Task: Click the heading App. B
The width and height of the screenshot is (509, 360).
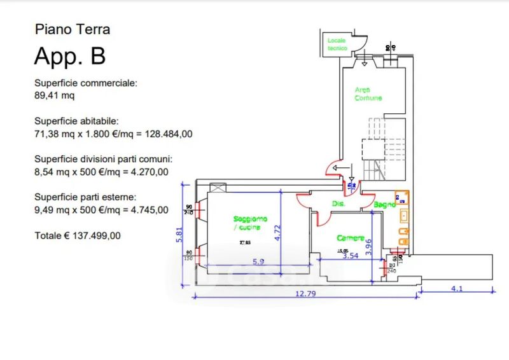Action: [x=69, y=56]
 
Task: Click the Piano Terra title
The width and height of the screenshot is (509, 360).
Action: [x=72, y=29]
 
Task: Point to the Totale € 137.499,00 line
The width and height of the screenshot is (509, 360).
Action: [x=77, y=235]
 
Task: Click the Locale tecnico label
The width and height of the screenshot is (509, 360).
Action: [x=337, y=45]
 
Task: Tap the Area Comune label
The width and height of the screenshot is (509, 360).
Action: [x=368, y=94]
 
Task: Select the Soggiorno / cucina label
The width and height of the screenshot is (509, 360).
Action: [x=250, y=223]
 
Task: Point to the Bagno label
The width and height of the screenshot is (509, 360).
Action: [x=384, y=205]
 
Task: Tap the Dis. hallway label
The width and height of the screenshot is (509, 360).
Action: [x=338, y=204]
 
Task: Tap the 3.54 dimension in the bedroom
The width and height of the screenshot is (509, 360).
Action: [x=351, y=256]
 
